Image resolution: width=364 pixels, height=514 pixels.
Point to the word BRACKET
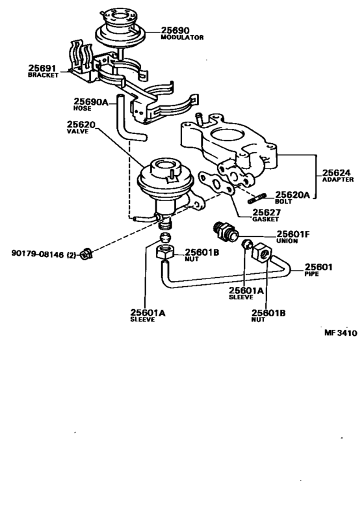tap(43, 75)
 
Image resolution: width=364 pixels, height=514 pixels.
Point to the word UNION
tap(289, 242)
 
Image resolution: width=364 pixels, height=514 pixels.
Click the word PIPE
tap(313, 274)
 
